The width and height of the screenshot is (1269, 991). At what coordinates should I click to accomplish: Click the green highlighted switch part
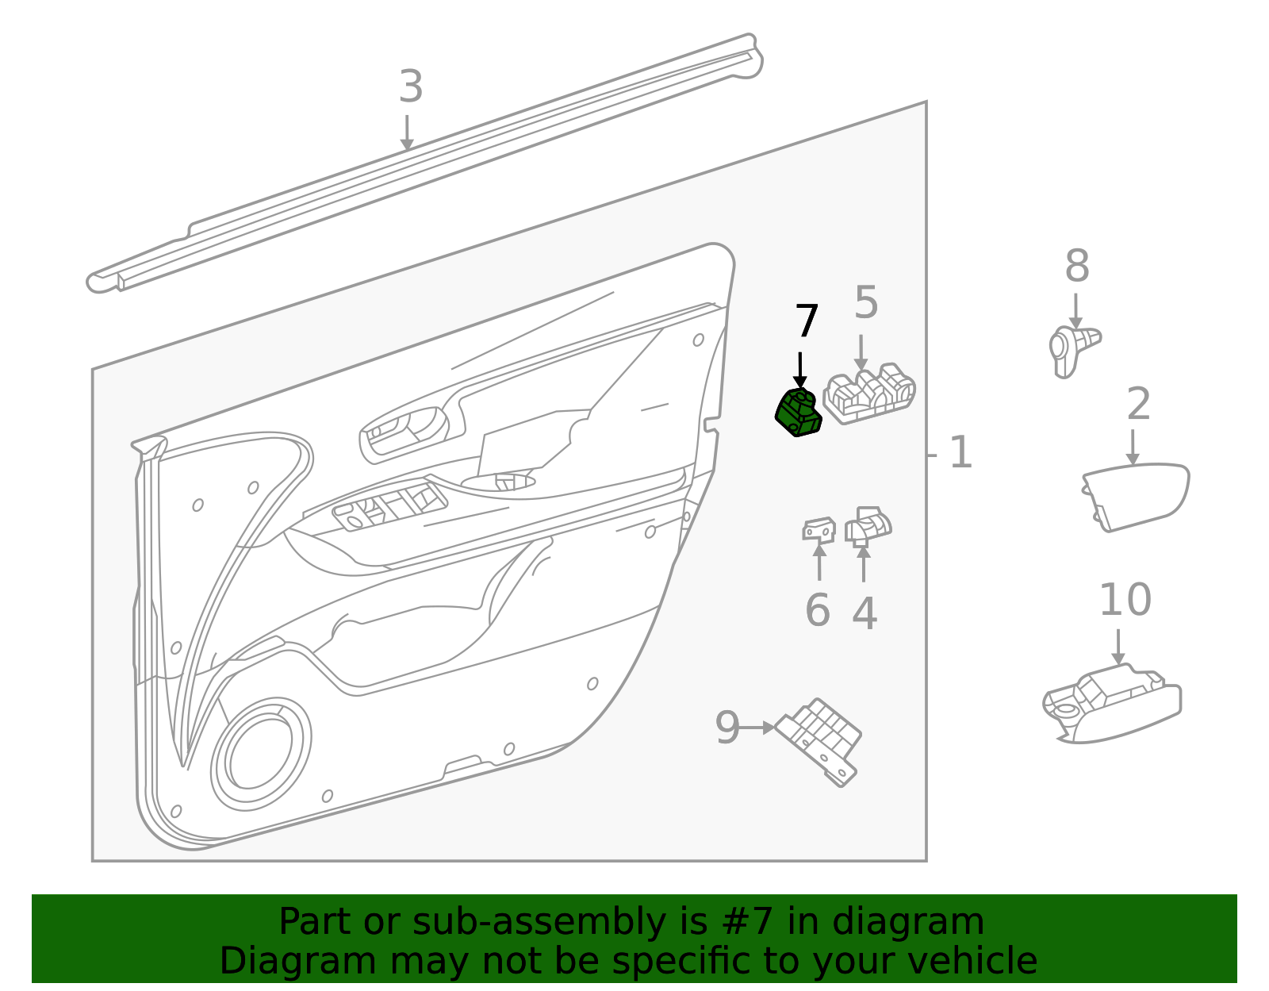799,413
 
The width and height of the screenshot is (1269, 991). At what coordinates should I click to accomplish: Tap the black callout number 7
807,321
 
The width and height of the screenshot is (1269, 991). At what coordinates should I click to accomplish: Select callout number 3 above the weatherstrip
410,87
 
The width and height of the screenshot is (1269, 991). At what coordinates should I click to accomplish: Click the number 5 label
866,303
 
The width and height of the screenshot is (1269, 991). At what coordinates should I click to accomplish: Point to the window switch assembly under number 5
869,394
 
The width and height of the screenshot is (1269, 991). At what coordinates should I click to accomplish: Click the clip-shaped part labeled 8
1071,349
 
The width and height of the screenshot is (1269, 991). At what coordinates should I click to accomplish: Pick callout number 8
1076,267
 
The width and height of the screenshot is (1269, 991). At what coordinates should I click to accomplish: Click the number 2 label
1138,405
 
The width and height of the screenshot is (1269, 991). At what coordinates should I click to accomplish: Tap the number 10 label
1125,600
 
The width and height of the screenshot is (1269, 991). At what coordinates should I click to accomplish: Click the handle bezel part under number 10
1110,702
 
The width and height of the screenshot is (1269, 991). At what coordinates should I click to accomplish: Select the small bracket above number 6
819,529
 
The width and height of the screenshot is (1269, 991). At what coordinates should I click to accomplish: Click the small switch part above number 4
868,525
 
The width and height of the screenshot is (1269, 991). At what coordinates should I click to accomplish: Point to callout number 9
727,728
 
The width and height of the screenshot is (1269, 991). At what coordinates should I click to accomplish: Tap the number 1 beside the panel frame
960,453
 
